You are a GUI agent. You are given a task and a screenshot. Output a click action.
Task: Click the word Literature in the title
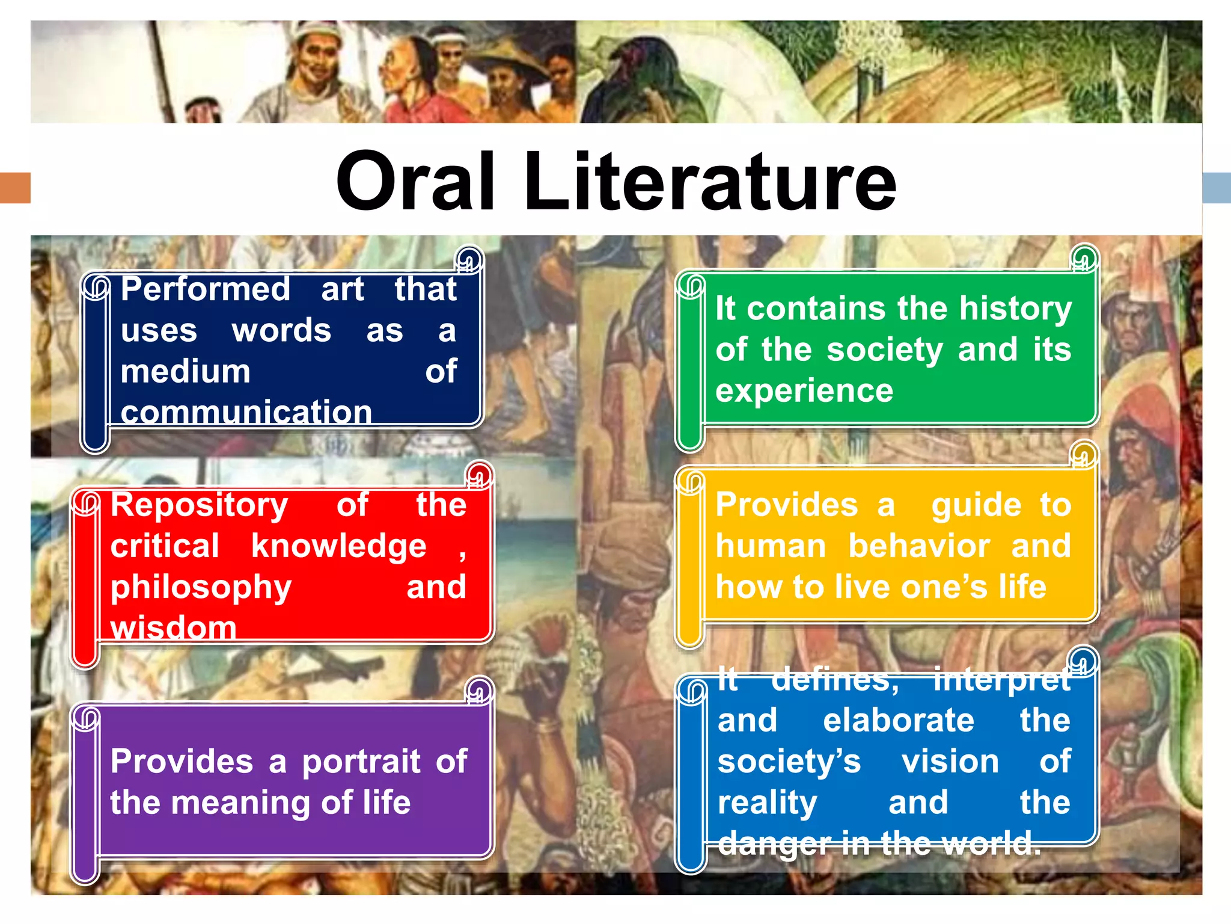[710, 182]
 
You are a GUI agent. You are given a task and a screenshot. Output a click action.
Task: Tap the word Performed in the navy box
[206, 290]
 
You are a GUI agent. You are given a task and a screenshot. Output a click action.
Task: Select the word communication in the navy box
[246, 413]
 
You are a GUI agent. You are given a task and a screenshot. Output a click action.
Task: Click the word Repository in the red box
[200, 506]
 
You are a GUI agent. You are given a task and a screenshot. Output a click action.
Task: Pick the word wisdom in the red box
[173, 627]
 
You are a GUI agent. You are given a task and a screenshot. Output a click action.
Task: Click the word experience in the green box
[804, 391]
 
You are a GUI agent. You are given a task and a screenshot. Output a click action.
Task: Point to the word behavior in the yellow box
[919, 546]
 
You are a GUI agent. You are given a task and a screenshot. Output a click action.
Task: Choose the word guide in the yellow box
[976, 506]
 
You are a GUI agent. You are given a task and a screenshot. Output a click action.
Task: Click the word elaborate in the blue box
[899, 721]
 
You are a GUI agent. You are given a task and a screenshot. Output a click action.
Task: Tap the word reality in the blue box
[768, 803]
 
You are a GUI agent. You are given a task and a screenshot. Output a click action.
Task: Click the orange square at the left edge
[15, 188]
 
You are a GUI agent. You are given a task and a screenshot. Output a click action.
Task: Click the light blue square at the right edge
[1217, 188]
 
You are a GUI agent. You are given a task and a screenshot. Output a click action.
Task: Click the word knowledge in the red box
[338, 547]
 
